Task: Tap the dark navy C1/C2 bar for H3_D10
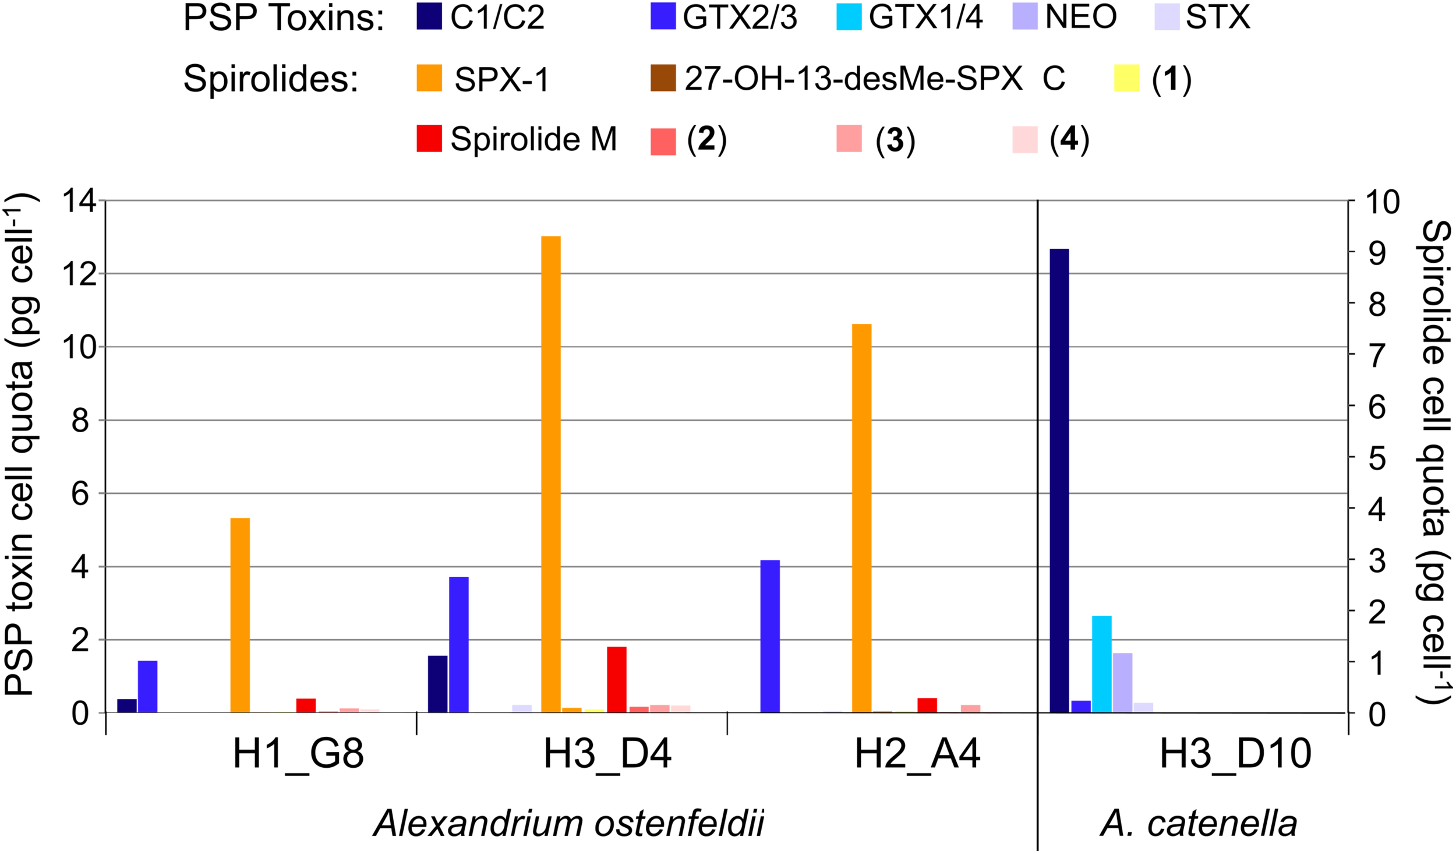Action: [1059, 480]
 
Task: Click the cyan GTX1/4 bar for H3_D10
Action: [1101, 664]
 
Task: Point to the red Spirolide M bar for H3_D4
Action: [617, 679]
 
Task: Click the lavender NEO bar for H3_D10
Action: [1122, 682]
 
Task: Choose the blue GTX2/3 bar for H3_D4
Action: [458, 644]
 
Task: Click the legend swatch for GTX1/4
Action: [849, 17]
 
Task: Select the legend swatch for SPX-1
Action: [429, 78]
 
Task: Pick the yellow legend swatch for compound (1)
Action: [1126, 78]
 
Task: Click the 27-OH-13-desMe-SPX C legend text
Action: [874, 78]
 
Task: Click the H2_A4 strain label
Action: [917, 753]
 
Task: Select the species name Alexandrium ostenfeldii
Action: [568, 824]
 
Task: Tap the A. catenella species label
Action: [1199, 824]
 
